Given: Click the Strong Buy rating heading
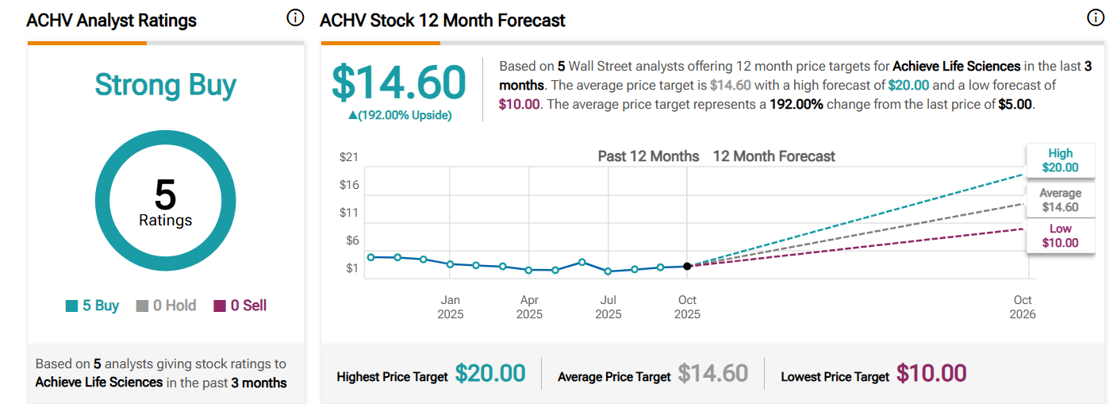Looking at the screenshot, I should pos(166,85).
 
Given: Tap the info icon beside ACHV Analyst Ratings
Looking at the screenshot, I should pos(295,17).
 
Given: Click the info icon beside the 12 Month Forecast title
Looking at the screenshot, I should pos(1096,17).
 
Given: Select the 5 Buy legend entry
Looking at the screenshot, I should pos(93,306).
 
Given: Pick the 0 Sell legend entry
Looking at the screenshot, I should pos(240,306).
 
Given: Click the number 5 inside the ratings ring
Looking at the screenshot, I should pos(166,194).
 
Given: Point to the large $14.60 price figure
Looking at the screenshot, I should pos(399,83).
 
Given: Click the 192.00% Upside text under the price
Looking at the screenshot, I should pos(400,115).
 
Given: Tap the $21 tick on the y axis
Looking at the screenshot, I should pos(349,157).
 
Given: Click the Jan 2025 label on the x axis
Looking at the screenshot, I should pos(451,307).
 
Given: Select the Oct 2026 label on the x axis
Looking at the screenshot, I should pos(1023,307).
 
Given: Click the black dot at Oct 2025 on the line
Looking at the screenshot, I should pos(687,266).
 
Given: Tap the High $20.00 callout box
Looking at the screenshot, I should pos(1060,160).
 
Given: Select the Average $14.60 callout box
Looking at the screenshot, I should pos(1060,200).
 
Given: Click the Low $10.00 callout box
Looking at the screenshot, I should pos(1060,236).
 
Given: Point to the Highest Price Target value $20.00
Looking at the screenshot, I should pos(490,374).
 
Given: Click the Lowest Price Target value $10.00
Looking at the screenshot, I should pos(931,374).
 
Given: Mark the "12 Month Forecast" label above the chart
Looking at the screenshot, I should pos(773,156).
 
